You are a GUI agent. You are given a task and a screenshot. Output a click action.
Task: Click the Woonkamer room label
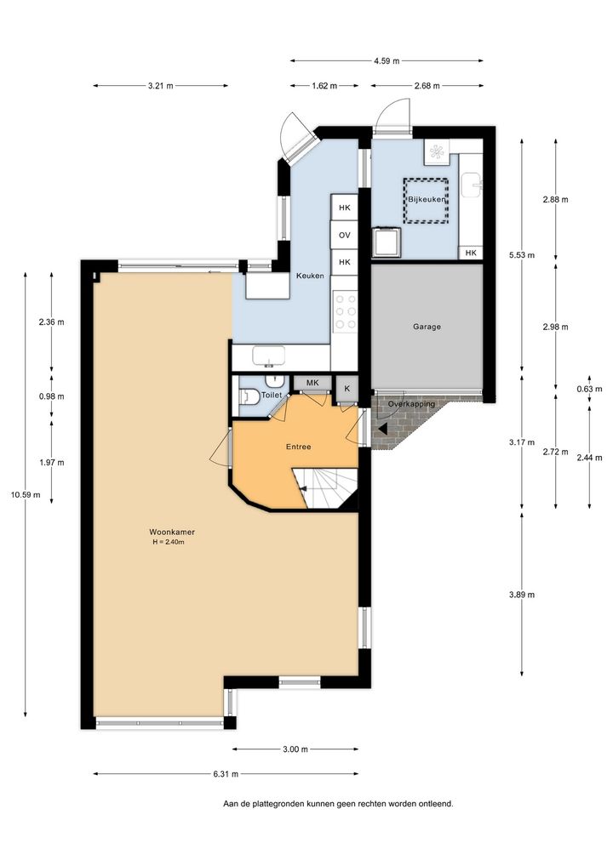[172, 532]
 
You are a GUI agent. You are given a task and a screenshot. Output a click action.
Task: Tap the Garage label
[427, 327]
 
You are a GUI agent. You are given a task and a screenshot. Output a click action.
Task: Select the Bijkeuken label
[427, 199]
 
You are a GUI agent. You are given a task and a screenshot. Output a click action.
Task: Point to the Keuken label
[310, 276]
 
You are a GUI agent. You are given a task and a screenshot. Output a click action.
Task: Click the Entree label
[299, 447]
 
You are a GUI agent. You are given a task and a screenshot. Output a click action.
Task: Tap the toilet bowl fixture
[249, 396]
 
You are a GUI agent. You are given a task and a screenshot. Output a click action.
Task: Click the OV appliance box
[344, 236]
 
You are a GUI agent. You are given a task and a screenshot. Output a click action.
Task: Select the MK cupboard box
[312, 383]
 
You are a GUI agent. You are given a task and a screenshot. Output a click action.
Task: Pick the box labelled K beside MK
[347, 389]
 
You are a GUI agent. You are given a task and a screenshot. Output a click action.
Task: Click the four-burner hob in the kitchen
[346, 312]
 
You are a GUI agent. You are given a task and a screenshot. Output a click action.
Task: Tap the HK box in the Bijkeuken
[471, 253]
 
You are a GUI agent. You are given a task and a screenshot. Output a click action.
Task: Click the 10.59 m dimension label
[26, 495]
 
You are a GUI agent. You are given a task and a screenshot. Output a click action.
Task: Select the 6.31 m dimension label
[226, 774]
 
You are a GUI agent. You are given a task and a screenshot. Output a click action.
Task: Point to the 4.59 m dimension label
[387, 60]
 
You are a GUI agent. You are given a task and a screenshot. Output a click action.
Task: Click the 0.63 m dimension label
[589, 389]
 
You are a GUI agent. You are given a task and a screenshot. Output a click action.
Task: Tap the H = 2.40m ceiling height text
[169, 542]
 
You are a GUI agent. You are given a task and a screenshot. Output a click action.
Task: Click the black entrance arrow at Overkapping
[382, 428]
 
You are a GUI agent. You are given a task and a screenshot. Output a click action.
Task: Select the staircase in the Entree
[325, 488]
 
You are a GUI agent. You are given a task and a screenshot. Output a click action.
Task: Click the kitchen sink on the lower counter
[269, 356]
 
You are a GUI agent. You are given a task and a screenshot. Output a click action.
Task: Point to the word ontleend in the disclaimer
[437, 804]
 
